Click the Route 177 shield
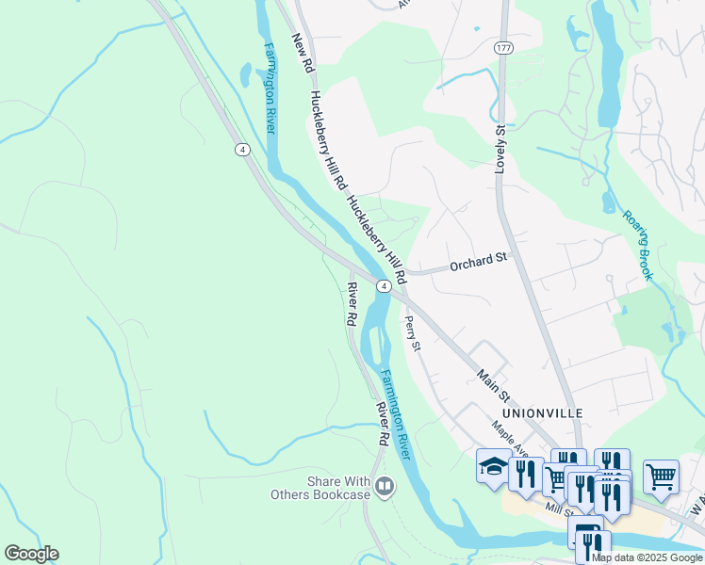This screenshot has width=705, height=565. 501,47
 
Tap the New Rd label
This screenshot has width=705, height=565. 302,55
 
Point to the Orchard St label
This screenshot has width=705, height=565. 478,261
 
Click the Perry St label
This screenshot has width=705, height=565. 411,334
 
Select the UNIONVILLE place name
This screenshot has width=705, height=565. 542,413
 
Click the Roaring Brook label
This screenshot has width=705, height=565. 637,245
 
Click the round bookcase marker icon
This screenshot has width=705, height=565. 384,487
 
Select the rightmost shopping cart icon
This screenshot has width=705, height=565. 661,475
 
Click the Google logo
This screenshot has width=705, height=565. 31,554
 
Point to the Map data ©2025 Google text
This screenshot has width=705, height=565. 648,557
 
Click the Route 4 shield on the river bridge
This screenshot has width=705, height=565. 384,286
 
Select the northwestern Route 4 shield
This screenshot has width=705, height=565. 242,150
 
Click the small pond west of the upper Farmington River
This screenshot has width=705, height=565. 246,73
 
